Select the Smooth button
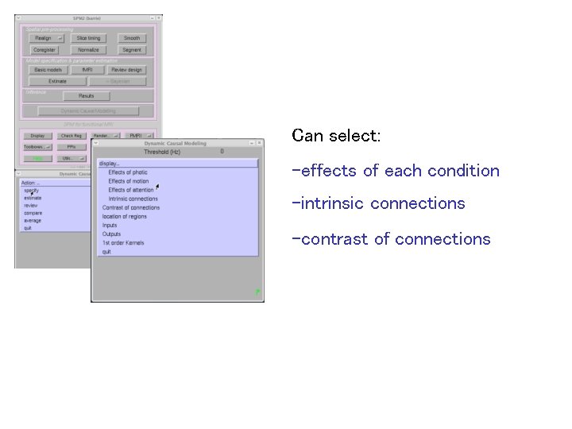click(132, 38)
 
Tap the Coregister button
click(44, 50)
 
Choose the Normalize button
click(88, 50)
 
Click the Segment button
click(132, 50)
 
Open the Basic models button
click(48, 70)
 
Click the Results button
click(86, 96)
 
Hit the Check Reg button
click(71, 136)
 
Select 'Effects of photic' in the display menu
click(128, 172)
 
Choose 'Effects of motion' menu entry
click(128, 181)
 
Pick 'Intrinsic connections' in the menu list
click(133, 199)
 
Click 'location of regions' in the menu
click(125, 216)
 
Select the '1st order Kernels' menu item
click(124, 242)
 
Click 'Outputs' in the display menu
click(112, 234)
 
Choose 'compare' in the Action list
click(33, 213)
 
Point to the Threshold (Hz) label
click(162, 151)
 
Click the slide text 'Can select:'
click(337, 136)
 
